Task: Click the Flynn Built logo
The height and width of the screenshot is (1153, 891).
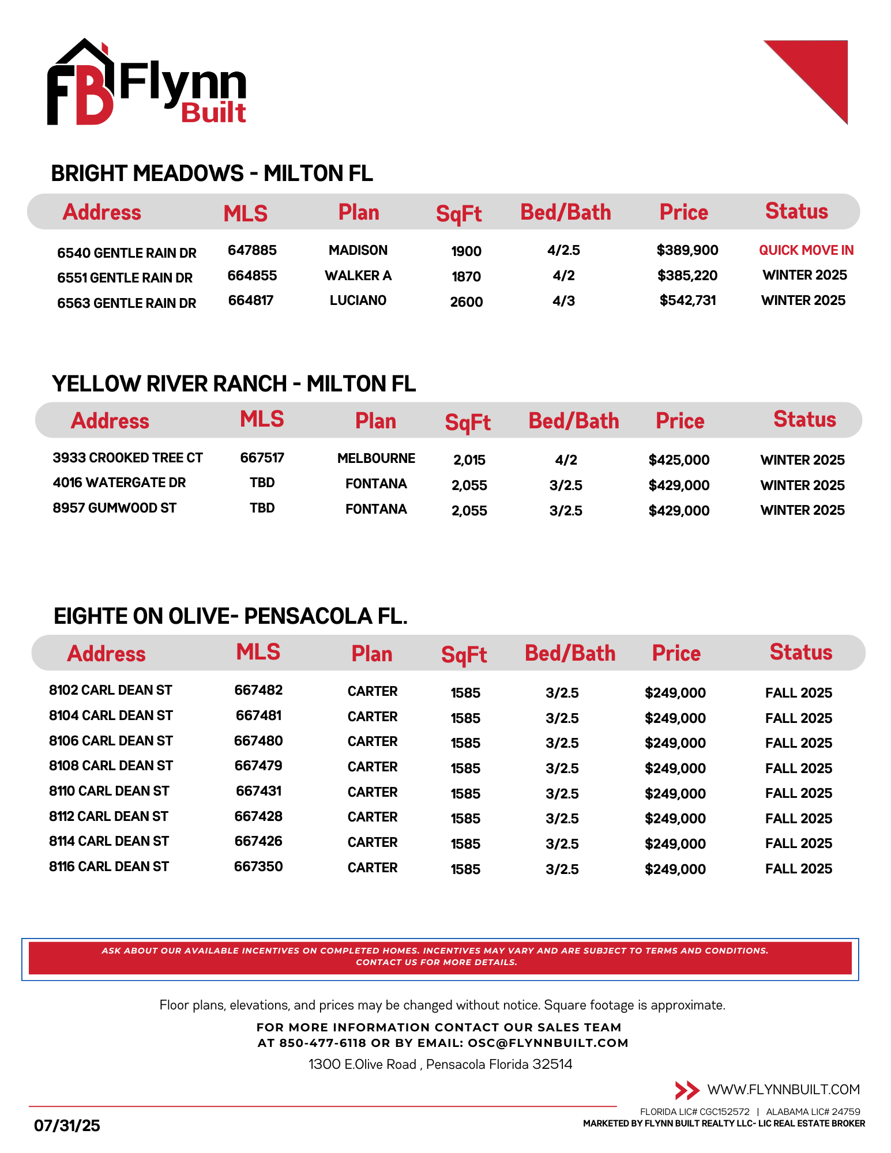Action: [146, 84]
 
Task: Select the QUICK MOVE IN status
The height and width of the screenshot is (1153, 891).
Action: [806, 250]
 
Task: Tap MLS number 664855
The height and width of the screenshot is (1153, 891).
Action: [252, 276]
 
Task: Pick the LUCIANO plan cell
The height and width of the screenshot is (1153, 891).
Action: [358, 300]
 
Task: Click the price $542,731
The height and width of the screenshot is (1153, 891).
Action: [687, 300]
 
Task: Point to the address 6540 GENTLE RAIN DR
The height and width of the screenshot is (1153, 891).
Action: [127, 253]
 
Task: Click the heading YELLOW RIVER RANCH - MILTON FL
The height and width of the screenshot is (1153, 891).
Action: [234, 384]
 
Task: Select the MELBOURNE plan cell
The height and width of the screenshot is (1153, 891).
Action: [376, 458]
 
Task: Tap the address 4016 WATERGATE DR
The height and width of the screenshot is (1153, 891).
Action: [119, 483]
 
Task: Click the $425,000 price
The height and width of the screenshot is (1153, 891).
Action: [679, 460]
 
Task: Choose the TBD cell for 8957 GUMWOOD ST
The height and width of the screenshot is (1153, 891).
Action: [262, 508]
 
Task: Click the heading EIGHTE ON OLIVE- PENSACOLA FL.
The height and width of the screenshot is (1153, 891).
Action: [231, 616]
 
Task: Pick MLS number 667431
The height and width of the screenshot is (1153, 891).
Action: [258, 791]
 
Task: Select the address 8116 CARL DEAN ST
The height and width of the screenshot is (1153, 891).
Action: [109, 866]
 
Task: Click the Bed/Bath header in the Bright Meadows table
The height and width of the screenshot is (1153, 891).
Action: [565, 212]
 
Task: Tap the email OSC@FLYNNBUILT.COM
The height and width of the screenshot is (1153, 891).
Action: [548, 1043]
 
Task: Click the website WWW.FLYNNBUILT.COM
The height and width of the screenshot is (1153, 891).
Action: [783, 1090]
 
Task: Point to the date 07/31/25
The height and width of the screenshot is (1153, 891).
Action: [67, 1125]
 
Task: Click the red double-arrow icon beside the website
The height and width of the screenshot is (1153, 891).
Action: [687, 1090]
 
